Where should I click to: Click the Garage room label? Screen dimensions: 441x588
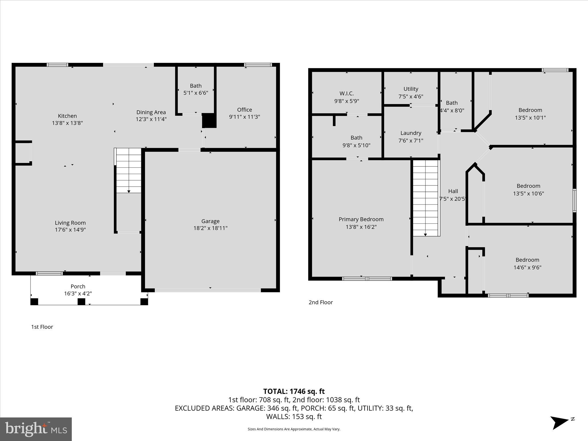210,221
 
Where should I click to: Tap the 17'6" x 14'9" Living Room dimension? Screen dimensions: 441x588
70,230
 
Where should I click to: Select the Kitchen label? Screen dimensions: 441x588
67,116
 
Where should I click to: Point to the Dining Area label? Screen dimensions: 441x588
151,112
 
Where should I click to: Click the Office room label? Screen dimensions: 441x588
244,110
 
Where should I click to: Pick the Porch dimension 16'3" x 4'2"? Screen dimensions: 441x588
78,293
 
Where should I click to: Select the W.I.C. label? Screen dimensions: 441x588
347,93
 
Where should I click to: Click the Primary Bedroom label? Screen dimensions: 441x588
361,219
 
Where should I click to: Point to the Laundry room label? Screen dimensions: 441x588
411,133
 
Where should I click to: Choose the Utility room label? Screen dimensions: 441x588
411,89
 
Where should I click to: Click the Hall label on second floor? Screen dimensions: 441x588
453,191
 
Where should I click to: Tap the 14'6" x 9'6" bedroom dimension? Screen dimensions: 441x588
527,267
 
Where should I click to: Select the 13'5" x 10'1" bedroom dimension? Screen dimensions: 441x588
530,117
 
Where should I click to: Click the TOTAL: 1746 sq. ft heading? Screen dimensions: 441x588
294,391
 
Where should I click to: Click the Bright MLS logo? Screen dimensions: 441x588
36,429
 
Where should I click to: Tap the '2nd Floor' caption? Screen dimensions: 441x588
320,302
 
